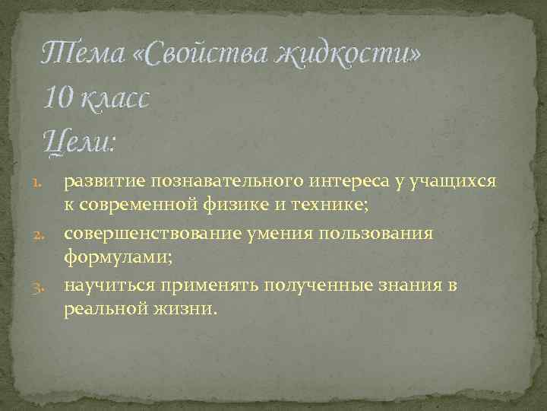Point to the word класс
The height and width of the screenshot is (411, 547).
pos(116,98)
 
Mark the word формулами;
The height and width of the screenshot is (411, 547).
pos(118,259)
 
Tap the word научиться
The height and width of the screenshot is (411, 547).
pos(108,285)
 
